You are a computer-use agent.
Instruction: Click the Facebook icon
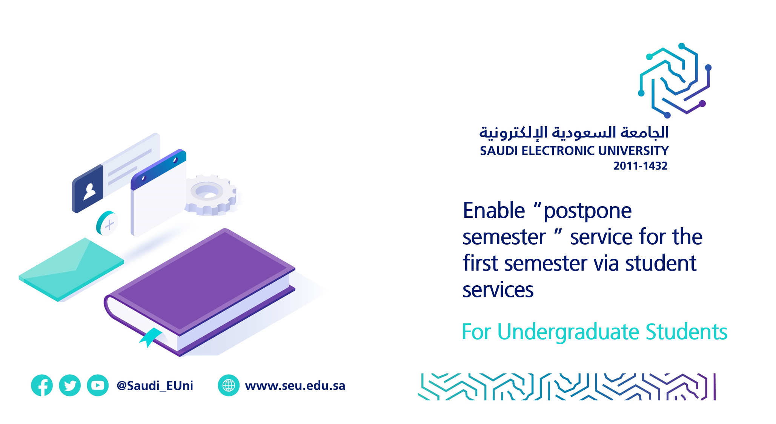point(41,385)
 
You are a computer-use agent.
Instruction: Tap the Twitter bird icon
point(70,385)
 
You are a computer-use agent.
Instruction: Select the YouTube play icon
point(98,385)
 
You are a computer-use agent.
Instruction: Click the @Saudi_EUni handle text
point(155,386)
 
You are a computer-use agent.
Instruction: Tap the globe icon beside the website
point(229,385)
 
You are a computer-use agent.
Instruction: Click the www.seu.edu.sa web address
point(295,386)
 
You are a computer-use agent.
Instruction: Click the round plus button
point(107,223)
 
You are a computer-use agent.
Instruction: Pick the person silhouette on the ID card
point(89,191)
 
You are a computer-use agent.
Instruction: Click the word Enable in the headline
point(493,210)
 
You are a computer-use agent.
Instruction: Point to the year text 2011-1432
point(640,166)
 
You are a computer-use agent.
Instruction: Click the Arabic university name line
point(574,133)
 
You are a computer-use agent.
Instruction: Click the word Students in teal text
point(686,332)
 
